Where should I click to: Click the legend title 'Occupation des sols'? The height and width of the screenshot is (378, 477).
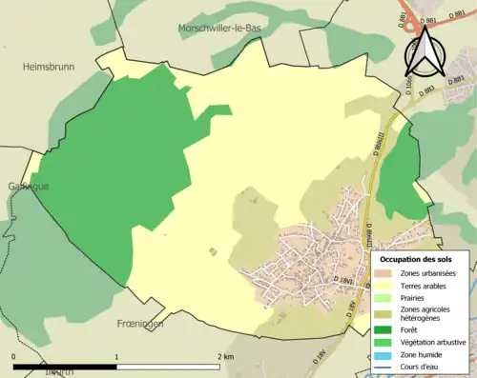423,258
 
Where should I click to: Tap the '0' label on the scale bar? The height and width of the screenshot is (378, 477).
14,356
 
